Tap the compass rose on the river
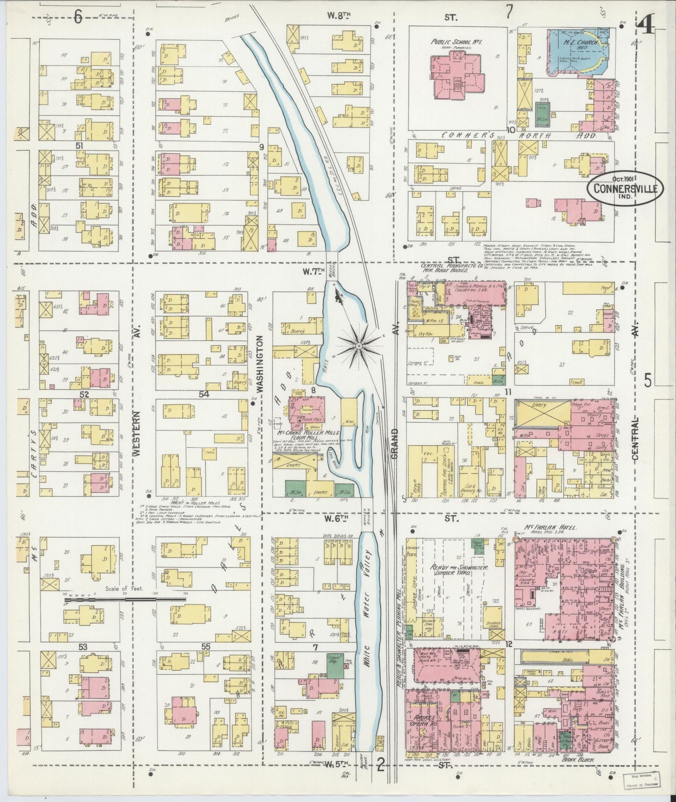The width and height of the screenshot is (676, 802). tap(358, 345)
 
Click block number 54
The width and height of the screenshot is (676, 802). tap(204, 394)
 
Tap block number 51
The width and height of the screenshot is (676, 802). tap(79, 146)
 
